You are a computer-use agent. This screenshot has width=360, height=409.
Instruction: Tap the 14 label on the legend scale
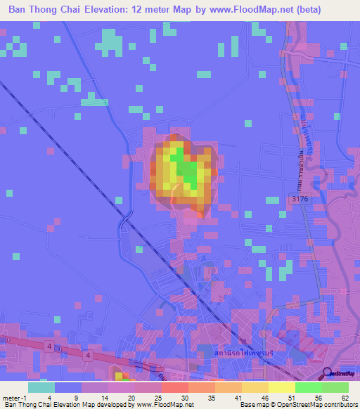point(103,397)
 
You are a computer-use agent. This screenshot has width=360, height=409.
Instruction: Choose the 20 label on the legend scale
point(130,397)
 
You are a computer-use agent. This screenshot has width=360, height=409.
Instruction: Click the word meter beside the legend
point(13,397)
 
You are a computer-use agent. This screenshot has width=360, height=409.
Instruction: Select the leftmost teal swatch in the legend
point(41,387)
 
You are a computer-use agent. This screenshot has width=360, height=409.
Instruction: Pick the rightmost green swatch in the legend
point(335,387)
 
